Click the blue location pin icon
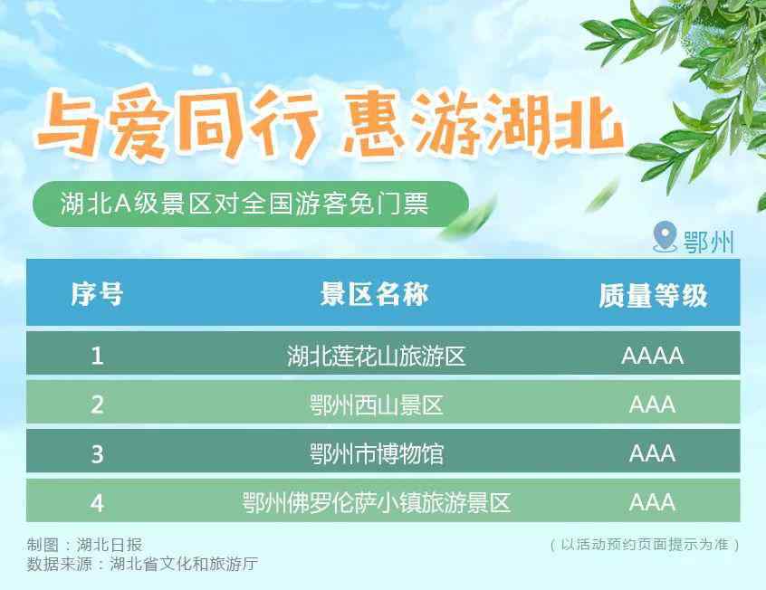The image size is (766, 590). pyautogui.click(x=665, y=236)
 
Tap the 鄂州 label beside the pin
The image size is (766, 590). pyautogui.click(x=708, y=242)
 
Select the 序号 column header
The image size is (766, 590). pyautogui.click(x=97, y=294)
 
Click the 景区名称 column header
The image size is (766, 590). pyautogui.click(x=374, y=294)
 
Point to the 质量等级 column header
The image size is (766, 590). pyautogui.click(x=653, y=296)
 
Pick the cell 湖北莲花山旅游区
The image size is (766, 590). pyautogui.click(x=376, y=356)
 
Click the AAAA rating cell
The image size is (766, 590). pyautogui.click(x=653, y=356)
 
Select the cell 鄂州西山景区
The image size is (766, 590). pyautogui.click(x=376, y=404)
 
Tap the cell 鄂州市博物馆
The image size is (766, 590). pyautogui.click(x=376, y=453)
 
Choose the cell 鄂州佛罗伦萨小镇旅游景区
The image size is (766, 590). pyautogui.click(x=376, y=502)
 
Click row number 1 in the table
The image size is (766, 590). pyautogui.click(x=97, y=355)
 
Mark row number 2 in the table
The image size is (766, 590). pyautogui.click(x=97, y=404)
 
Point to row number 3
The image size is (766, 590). pyautogui.click(x=97, y=453)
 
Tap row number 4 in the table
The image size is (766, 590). pyautogui.click(x=97, y=502)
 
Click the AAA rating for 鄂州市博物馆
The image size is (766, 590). pyautogui.click(x=653, y=453)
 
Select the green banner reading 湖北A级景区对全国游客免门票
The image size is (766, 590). pyautogui.click(x=251, y=205)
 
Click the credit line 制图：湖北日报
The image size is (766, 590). pyautogui.click(x=84, y=545)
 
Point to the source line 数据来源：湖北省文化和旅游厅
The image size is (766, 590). pyautogui.click(x=142, y=564)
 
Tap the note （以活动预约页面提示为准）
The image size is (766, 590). pyautogui.click(x=645, y=544)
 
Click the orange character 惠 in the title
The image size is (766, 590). pyautogui.click(x=375, y=125)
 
